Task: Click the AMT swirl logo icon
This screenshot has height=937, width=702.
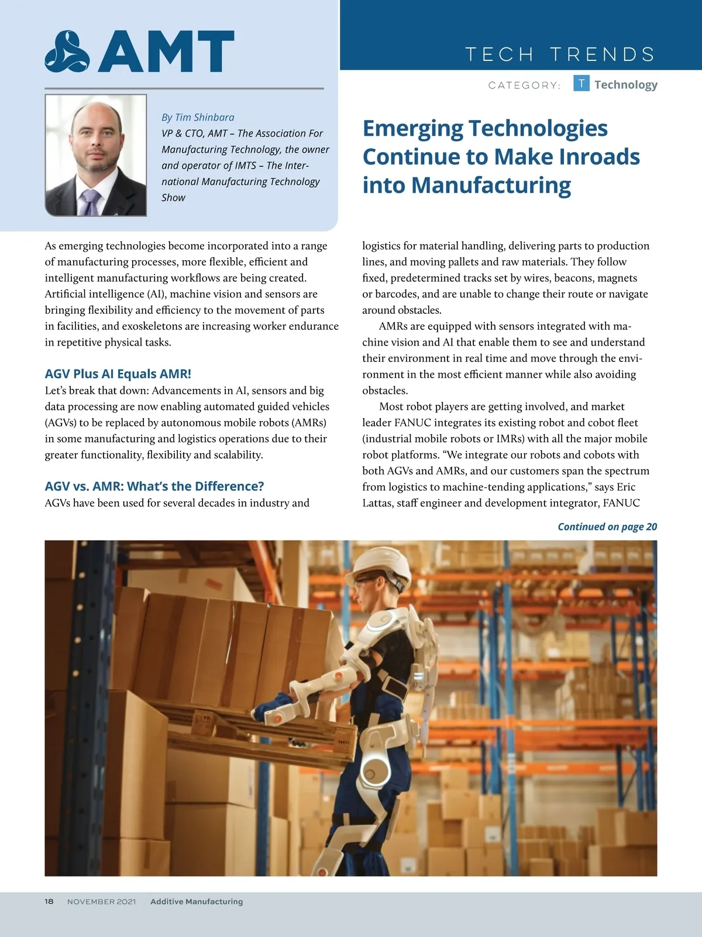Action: [x=67, y=52]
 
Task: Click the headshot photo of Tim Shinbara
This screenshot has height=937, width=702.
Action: [x=96, y=155]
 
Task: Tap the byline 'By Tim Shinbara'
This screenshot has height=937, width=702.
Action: [x=198, y=117]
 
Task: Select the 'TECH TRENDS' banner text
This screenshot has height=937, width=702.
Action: [x=560, y=54]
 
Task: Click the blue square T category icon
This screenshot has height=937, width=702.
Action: [x=581, y=84]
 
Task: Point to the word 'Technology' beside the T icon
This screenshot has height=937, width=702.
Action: [x=626, y=85]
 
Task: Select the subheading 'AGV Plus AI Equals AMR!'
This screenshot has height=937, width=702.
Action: [x=118, y=374]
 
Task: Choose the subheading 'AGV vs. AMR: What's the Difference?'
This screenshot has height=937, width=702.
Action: [x=154, y=486]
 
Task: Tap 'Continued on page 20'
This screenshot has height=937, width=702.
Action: [x=607, y=526]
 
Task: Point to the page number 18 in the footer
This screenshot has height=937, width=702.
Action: [x=49, y=901]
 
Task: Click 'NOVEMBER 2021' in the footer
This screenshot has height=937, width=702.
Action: [x=101, y=901]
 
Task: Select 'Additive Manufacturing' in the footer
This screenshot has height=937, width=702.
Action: [x=197, y=901]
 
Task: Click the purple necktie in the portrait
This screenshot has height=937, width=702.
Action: [x=91, y=202]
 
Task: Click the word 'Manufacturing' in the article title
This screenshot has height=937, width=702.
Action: [x=491, y=185]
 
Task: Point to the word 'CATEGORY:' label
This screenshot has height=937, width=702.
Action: [x=524, y=86]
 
